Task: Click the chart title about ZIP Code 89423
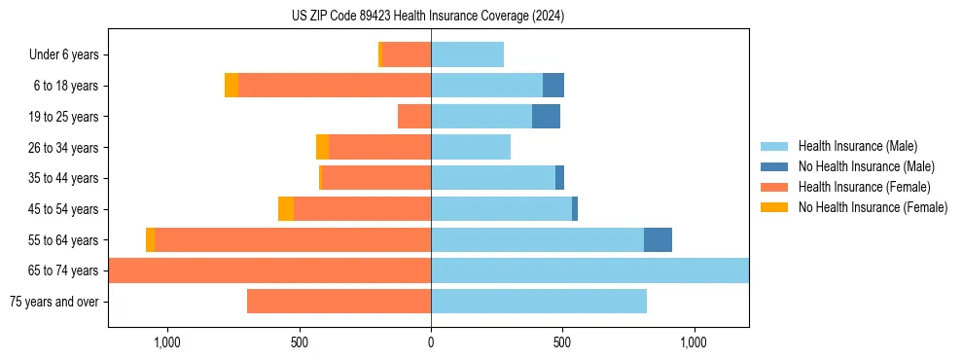[x=428, y=17]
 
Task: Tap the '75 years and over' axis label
[x=53, y=302]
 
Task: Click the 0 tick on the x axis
[x=431, y=342]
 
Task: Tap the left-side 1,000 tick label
[x=167, y=342]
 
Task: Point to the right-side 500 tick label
[x=562, y=342]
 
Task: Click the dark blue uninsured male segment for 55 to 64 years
[x=658, y=239]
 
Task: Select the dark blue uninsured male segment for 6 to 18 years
[x=553, y=86]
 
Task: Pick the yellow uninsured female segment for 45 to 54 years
[x=286, y=209]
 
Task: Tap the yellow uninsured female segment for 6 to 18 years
[x=232, y=86]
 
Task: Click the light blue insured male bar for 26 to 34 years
[x=471, y=147]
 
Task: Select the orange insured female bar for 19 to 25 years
[x=414, y=117]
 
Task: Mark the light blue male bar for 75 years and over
[x=539, y=302]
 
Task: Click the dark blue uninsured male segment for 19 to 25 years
[x=546, y=117]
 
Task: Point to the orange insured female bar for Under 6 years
[x=407, y=54]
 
